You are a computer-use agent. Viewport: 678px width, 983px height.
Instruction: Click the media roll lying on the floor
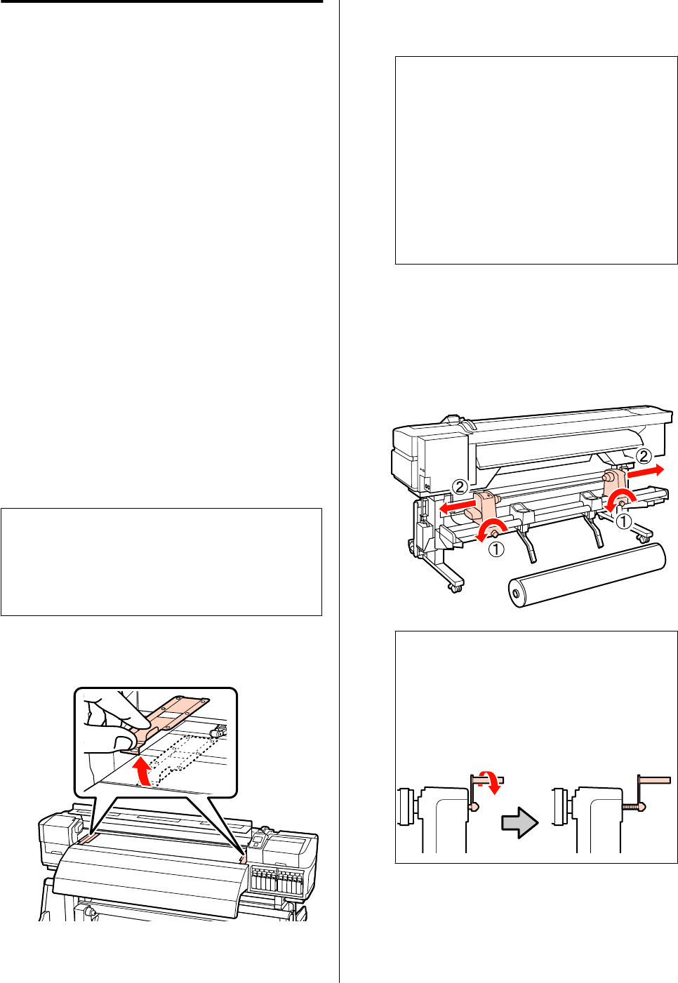[x=586, y=575]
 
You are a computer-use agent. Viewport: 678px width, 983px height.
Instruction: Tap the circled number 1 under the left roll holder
[x=496, y=550]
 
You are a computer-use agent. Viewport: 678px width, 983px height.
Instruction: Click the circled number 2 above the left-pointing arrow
[x=460, y=486]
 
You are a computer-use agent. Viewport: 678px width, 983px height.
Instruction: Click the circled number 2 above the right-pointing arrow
[x=643, y=456]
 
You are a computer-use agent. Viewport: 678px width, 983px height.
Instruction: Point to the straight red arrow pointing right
[x=645, y=472]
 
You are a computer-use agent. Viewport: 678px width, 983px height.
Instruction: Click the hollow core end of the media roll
[x=517, y=594]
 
